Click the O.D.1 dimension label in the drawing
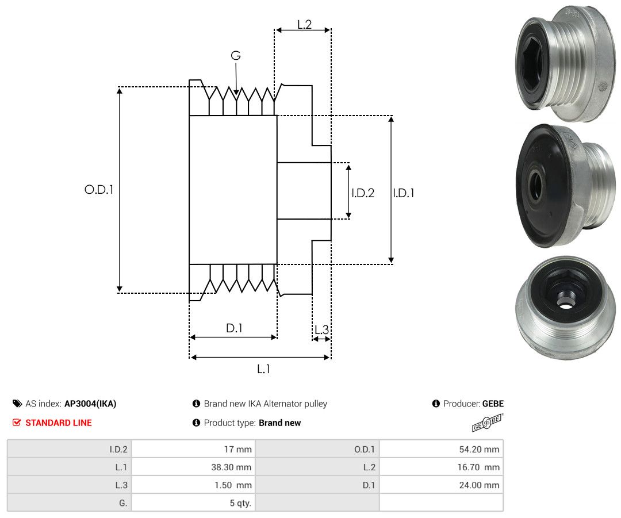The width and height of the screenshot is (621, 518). click(98, 189)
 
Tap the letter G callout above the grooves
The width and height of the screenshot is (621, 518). click(236, 56)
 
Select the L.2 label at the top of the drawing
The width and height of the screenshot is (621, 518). click(304, 25)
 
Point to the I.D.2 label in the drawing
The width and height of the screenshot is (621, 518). click(363, 193)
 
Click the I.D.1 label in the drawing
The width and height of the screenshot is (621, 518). click(404, 193)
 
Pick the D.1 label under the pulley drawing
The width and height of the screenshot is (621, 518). click(234, 328)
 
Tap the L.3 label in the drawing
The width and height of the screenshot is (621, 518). click(321, 330)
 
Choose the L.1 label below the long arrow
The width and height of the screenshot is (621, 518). click(263, 369)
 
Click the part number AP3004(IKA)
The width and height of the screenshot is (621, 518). click(90, 404)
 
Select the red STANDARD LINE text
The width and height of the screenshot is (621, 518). click(59, 423)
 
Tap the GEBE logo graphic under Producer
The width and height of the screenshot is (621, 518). click(488, 425)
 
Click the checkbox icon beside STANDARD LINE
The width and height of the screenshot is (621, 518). click(17, 423)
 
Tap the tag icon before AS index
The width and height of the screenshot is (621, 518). click(17, 404)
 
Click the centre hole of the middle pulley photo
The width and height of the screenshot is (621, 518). click(536, 185)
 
